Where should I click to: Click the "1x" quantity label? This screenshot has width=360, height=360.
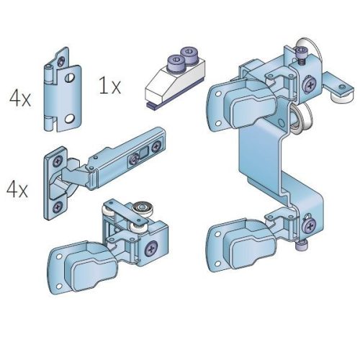(109, 86)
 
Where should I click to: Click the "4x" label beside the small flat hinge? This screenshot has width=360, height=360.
(20, 99)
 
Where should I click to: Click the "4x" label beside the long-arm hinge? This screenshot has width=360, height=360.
(17, 189)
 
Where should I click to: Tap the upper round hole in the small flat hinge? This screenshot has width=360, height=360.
(70, 77)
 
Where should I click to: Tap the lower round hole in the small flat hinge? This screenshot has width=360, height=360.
(70, 118)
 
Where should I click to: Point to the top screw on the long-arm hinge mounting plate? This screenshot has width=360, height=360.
(58, 161)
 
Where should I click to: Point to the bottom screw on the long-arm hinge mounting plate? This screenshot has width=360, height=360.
(58, 207)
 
